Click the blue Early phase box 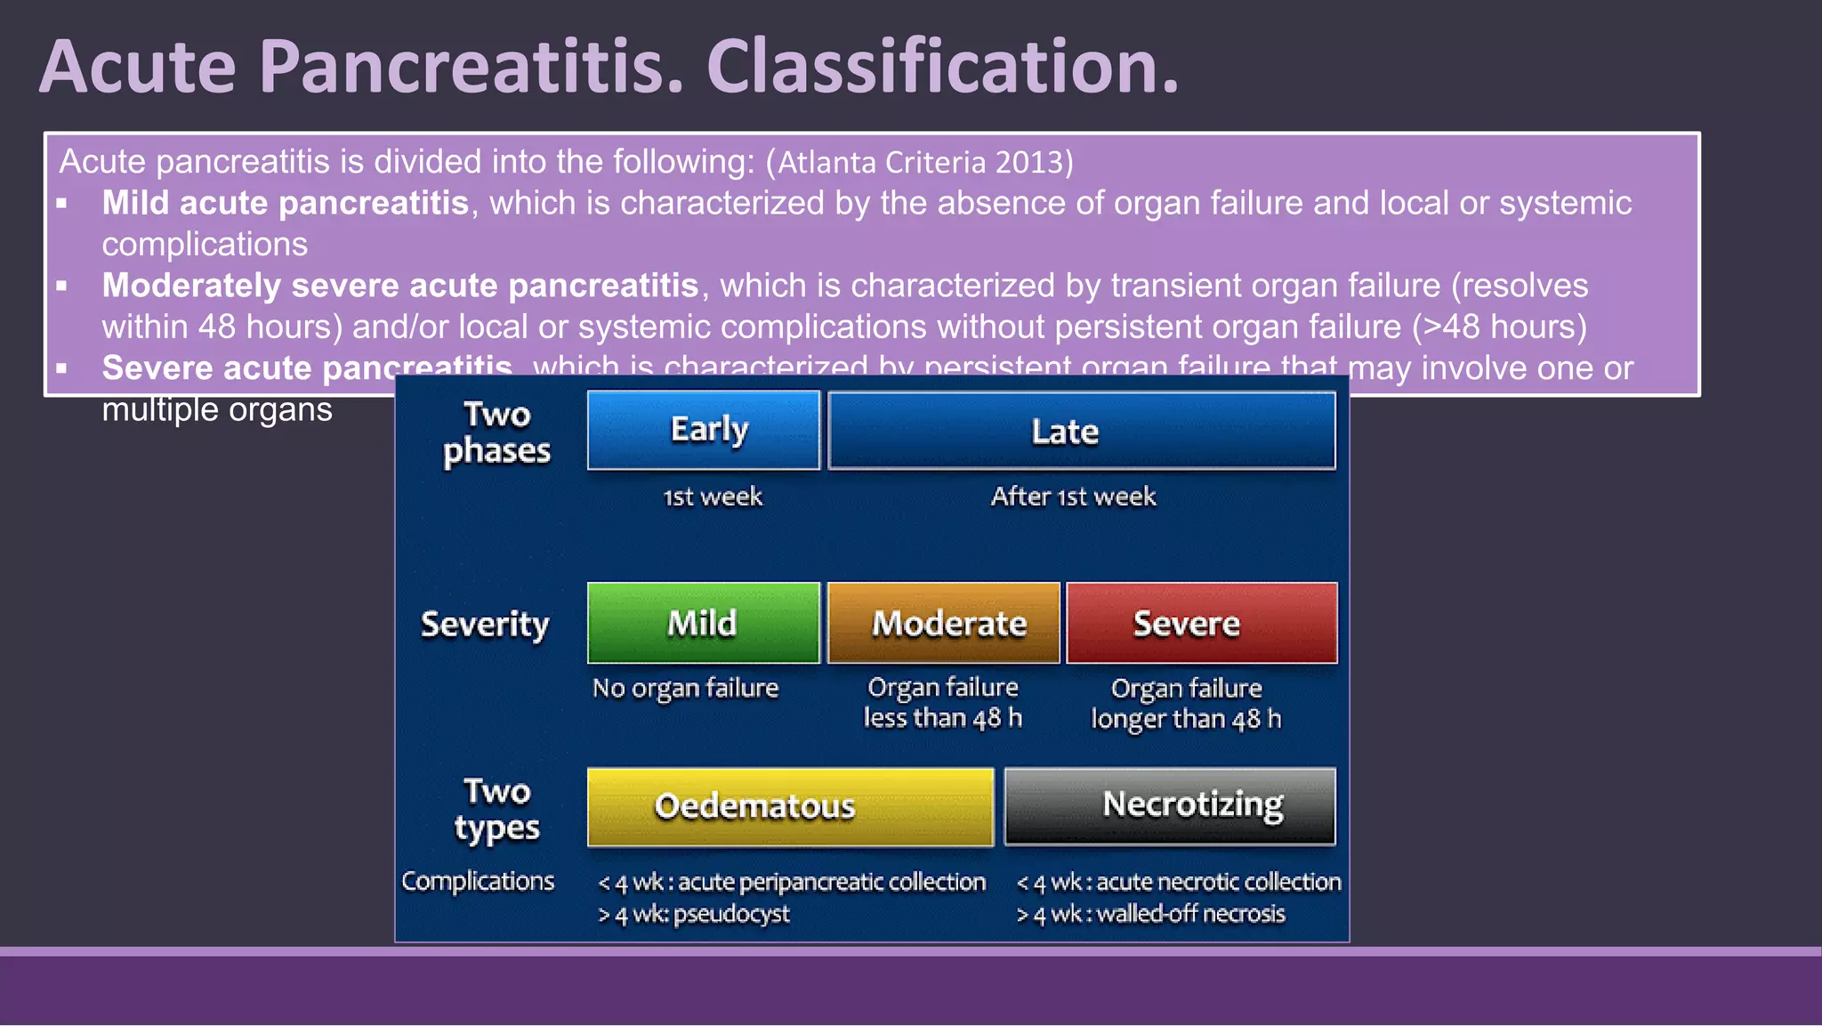pyautogui.click(x=704, y=430)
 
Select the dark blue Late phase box pyautogui.click(x=1081, y=431)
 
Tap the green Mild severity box pyautogui.click(x=703, y=623)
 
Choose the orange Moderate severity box pyautogui.click(x=944, y=623)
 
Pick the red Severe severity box pyautogui.click(x=1201, y=623)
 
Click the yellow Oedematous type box pyautogui.click(x=790, y=806)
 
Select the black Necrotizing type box pyautogui.click(x=1170, y=805)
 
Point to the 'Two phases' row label pyautogui.click(x=496, y=432)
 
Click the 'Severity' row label pyautogui.click(x=485, y=625)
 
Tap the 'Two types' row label pyautogui.click(x=496, y=810)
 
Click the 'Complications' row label pyautogui.click(x=478, y=881)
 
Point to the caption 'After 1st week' pyautogui.click(x=1074, y=497)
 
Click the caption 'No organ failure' pyautogui.click(x=685, y=688)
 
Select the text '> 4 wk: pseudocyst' pyautogui.click(x=694, y=914)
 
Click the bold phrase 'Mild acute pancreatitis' pyautogui.click(x=285, y=203)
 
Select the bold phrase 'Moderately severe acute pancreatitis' pyautogui.click(x=400, y=286)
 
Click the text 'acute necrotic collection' pyautogui.click(x=1218, y=882)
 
